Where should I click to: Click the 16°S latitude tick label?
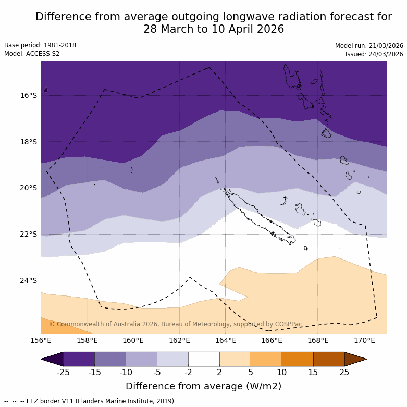pyautogui.click(x=29, y=95)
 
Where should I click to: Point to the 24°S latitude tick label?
pyautogui.click(x=29, y=280)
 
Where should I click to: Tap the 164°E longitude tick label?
pyautogui.click(x=226, y=341)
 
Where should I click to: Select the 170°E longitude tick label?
pyautogui.click(x=364, y=341)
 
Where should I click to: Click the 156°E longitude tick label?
pyautogui.click(x=41, y=341)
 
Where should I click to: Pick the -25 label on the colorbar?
pyautogui.click(x=63, y=372)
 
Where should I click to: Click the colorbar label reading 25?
pyautogui.click(x=344, y=372)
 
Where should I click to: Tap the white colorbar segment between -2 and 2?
pyautogui.click(x=204, y=359)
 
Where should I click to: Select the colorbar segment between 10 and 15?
pyautogui.click(x=298, y=359)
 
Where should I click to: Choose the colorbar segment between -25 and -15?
pyautogui.click(x=79, y=359)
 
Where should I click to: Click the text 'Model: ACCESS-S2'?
pyautogui.click(x=32, y=54)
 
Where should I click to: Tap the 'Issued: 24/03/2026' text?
pyautogui.click(x=374, y=54)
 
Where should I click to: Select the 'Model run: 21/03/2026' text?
pyautogui.click(x=369, y=46)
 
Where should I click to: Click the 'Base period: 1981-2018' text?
pyautogui.click(x=40, y=45)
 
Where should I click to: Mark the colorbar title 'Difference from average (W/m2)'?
pyautogui.click(x=203, y=386)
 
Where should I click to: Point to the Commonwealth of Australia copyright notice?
pyautogui.click(x=176, y=324)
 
